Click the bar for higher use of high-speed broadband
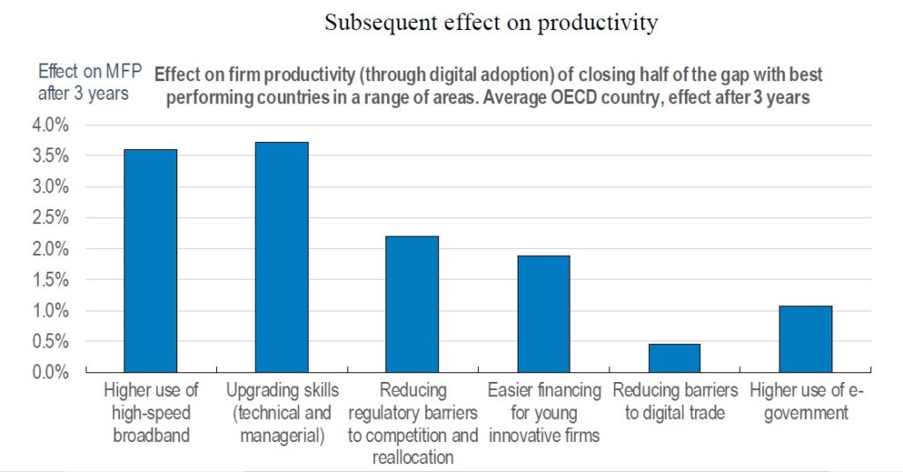150,261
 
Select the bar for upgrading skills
281,258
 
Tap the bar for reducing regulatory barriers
412,304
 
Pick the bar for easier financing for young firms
543,314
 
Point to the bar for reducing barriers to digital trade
675,358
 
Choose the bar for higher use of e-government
805,339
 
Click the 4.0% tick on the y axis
51,125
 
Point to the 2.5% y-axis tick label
51,218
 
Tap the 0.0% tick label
51,372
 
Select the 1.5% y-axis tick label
51,280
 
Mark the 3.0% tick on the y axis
51,187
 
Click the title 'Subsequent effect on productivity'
491,23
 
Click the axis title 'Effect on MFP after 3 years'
83,82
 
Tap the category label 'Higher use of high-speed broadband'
151,412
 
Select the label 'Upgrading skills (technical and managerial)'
280,412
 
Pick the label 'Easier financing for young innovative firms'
544,412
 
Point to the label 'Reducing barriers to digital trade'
675,401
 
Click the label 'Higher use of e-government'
805,401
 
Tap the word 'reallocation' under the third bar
413,457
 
